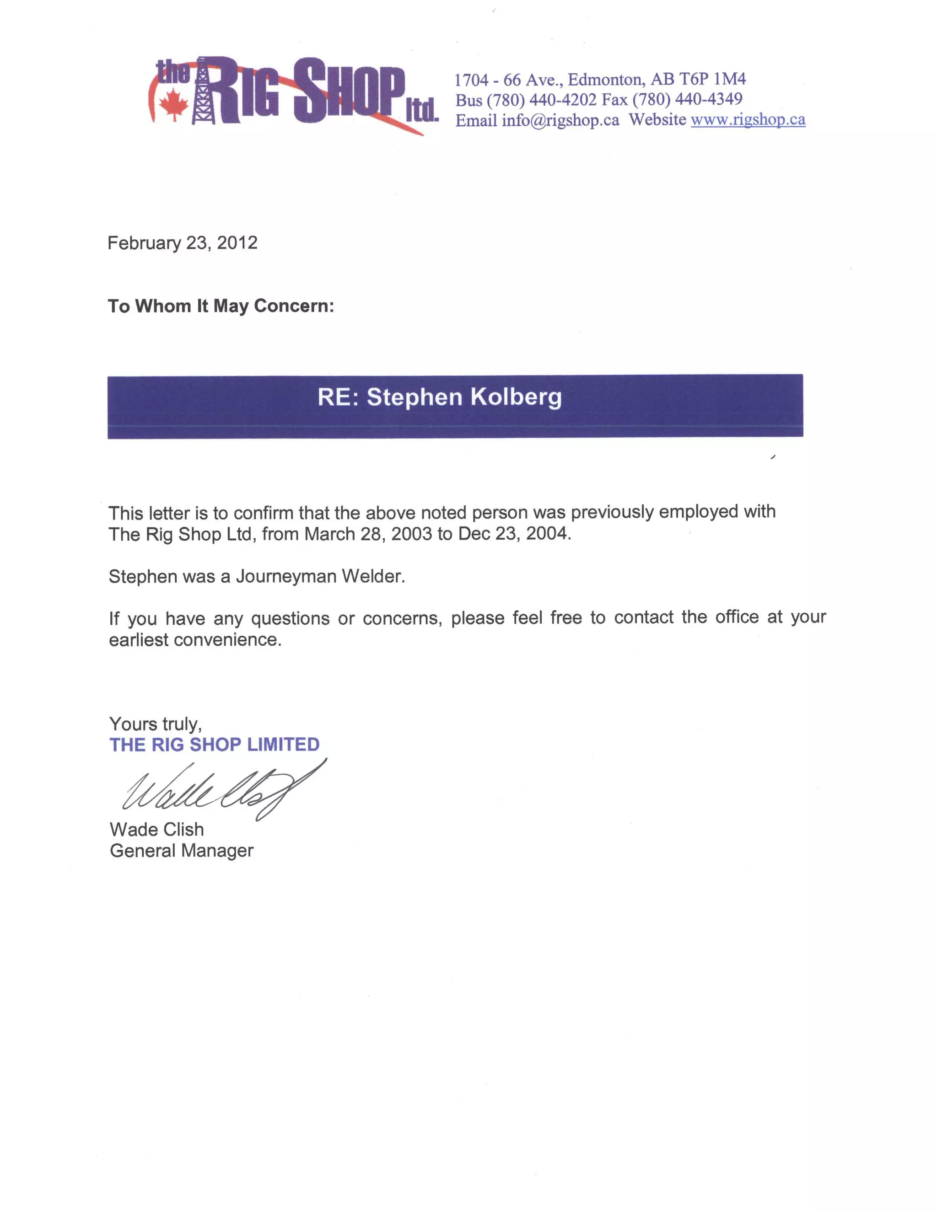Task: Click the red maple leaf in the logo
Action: coord(174,104)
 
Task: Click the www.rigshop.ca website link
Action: coord(747,119)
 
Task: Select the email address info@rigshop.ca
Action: coord(560,120)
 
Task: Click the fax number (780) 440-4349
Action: coord(687,99)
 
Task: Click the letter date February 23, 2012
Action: coord(182,243)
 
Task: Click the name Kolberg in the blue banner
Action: coord(516,397)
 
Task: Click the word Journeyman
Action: coord(286,577)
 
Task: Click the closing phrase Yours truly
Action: coord(156,724)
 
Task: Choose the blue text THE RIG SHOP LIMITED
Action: coord(214,745)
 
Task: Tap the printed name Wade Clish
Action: coord(157,830)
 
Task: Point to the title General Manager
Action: coord(182,851)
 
